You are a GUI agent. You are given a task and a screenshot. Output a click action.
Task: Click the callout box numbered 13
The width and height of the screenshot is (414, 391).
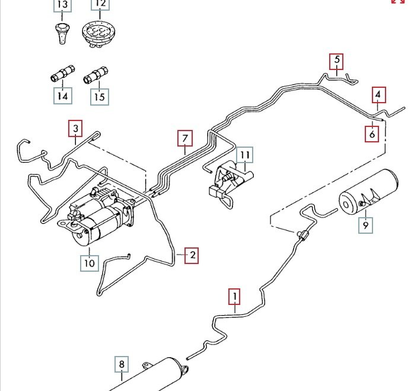(x=63, y=5)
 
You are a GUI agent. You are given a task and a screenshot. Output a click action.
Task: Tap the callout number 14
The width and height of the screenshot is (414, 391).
(x=63, y=96)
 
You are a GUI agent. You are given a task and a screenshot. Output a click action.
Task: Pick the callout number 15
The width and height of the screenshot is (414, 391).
(x=100, y=97)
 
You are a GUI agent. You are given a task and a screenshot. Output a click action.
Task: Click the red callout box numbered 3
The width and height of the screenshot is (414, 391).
(x=75, y=129)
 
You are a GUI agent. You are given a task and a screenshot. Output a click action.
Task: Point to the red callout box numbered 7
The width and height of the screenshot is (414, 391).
(x=185, y=138)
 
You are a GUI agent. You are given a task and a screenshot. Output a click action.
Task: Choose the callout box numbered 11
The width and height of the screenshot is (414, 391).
(x=245, y=155)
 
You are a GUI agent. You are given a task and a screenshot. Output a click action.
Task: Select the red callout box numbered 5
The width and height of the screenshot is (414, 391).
(x=337, y=62)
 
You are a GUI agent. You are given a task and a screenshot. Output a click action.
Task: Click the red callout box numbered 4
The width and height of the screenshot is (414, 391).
(x=379, y=95)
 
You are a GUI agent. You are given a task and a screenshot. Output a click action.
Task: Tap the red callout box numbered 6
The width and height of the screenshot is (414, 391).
(x=372, y=134)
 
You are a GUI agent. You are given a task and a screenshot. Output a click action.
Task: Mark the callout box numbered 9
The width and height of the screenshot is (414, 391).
(x=366, y=225)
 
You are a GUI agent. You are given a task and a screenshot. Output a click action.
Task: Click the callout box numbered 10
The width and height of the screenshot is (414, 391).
(x=90, y=263)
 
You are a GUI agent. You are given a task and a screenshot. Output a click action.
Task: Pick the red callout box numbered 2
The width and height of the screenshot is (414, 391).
(x=192, y=256)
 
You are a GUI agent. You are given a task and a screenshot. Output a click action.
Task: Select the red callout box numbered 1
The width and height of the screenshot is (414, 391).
(x=234, y=297)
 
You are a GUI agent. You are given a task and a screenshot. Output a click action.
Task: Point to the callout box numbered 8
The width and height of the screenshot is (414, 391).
(x=122, y=364)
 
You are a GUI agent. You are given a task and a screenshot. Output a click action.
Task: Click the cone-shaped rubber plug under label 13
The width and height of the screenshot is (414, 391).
(x=62, y=33)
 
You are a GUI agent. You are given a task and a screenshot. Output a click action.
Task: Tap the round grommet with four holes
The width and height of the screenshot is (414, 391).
(x=98, y=34)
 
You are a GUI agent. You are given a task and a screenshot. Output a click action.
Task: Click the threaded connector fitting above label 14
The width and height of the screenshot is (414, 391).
(x=63, y=74)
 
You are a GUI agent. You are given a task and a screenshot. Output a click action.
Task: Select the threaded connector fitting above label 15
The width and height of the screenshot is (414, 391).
(x=95, y=75)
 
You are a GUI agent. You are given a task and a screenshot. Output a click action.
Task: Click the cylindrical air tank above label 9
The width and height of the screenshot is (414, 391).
(x=369, y=192)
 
